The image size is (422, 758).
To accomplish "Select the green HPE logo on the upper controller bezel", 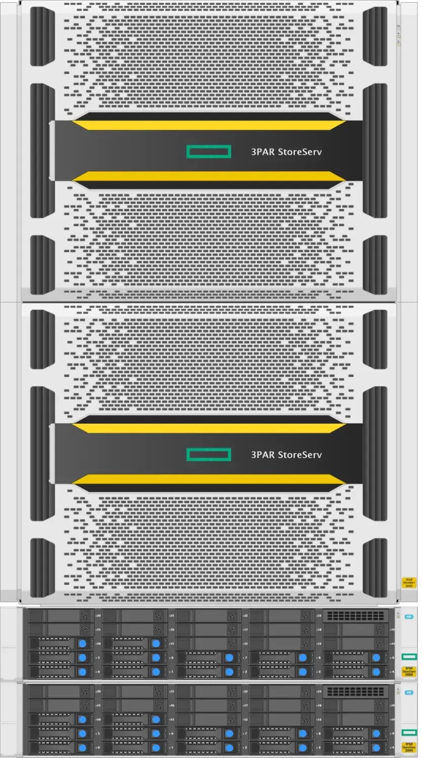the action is pos(208,152).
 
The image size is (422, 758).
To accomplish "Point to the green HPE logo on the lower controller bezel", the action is pos(208,455).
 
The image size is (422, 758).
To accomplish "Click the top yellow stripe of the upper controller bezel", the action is pos(208,125).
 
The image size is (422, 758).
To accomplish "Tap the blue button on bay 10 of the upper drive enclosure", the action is pos(82,643).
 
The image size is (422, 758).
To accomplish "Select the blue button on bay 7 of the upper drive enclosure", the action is pos(229,657).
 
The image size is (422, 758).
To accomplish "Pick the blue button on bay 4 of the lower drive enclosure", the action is pos(376,747).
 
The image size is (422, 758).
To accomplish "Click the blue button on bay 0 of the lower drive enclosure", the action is pos(82,747).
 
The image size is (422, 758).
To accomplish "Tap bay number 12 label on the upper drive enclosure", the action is pos(245,644).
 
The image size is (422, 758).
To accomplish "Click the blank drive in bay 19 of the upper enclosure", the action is pos(354,630).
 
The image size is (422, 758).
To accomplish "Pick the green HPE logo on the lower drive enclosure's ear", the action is pos(409,732).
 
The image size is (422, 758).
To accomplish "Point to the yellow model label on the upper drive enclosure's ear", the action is pos(409,672).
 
